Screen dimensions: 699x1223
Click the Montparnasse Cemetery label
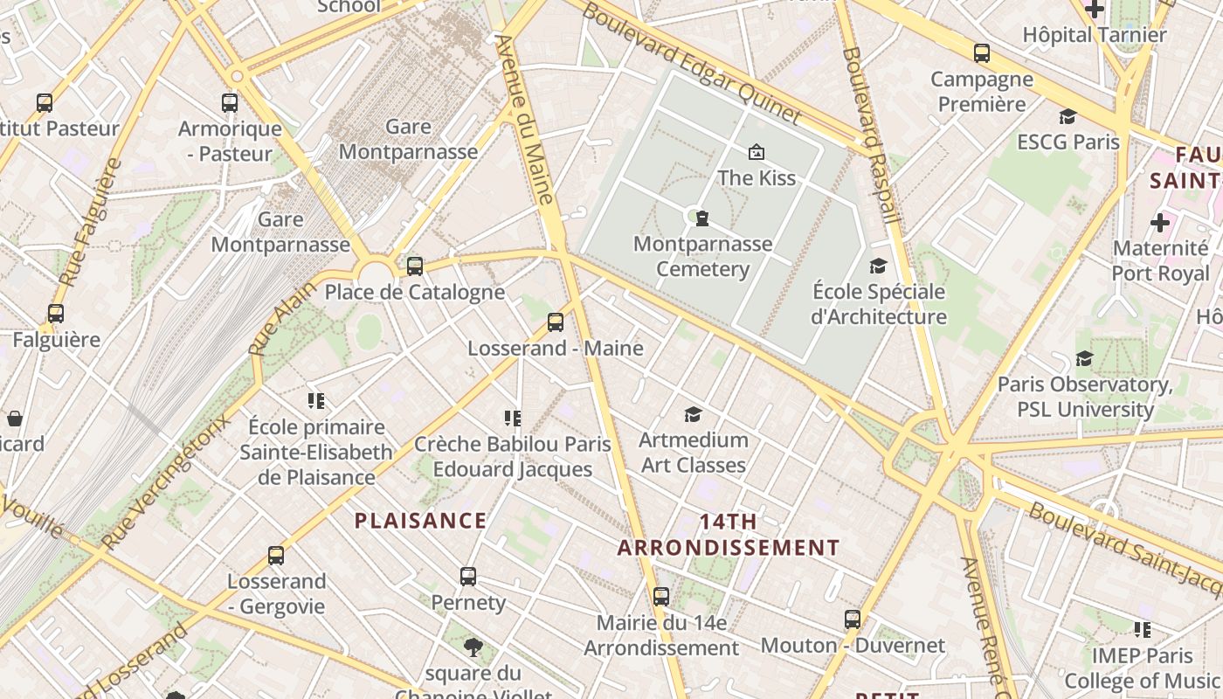702,256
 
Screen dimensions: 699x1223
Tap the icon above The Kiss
757,153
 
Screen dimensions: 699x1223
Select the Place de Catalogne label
414,292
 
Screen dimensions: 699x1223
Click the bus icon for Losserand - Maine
556,322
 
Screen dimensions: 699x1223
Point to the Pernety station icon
468,577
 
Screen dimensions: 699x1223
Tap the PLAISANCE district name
420,521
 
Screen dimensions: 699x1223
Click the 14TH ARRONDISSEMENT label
729,535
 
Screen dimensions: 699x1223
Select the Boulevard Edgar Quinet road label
690,62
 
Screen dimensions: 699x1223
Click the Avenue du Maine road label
525,119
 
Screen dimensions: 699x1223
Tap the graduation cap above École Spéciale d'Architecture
878,266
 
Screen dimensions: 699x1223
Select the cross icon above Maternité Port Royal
1160,223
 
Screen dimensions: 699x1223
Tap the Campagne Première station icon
982,53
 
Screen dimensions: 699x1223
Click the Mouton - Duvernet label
853,646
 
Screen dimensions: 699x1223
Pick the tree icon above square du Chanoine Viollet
473,647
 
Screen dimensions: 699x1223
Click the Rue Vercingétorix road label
166,480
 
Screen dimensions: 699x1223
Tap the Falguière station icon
56,314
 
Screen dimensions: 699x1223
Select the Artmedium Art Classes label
694,452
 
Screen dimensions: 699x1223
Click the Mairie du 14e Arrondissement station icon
661,597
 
